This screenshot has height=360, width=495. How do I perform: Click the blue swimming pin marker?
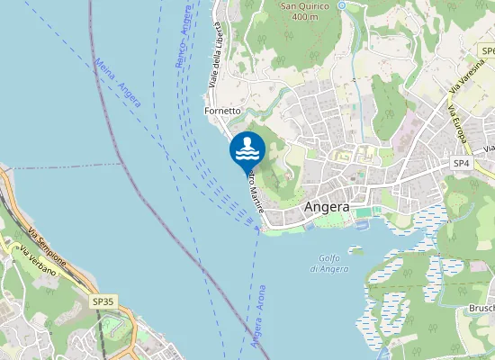click(x=247, y=148)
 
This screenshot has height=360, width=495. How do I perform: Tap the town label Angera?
click(x=327, y=206)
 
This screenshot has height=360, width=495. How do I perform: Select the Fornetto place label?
click(x=222, y=111)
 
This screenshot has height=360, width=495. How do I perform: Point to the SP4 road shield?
click(x=462, y=164)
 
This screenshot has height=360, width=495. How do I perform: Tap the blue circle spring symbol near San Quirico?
click(x=342, y=5)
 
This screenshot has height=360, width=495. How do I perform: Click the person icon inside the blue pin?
click(x=247, y=145)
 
